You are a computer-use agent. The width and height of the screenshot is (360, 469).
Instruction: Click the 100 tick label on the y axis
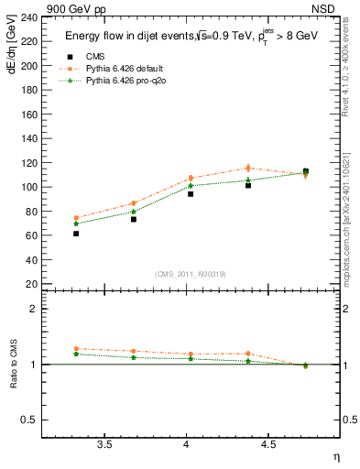(30, 187)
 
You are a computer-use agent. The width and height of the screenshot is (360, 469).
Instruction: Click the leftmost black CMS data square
(76, 234)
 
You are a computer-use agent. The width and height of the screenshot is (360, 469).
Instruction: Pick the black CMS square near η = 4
(191, 194)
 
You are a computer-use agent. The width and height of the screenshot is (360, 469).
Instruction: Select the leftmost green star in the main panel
(76, 224)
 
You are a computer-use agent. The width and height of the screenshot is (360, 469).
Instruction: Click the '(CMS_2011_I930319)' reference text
(191, 273)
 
